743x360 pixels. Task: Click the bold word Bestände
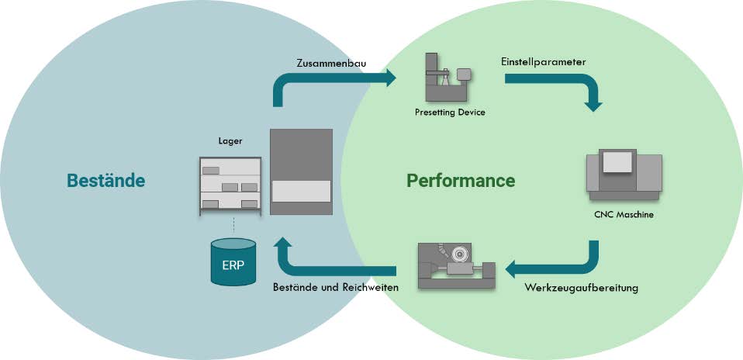pyautogui.click(x=106, y=181)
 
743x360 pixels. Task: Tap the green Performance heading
pyautogui.click(x=461, y=181)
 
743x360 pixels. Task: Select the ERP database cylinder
pyautogui.click(x=233, y=261)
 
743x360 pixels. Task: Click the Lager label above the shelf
pyautogui.click(x=230, y=142)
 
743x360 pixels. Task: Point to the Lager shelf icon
pyautogui.click(x=230, y=183)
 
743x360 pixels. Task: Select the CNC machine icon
pyautogui.click(x=624, y=175)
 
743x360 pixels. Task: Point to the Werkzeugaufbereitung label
pyautogui.click(x=581, y=288)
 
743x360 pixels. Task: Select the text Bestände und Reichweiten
pyautogui.click(x=336, y=288)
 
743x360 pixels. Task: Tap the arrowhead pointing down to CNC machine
pyautogui.click(x=593, y=104)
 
